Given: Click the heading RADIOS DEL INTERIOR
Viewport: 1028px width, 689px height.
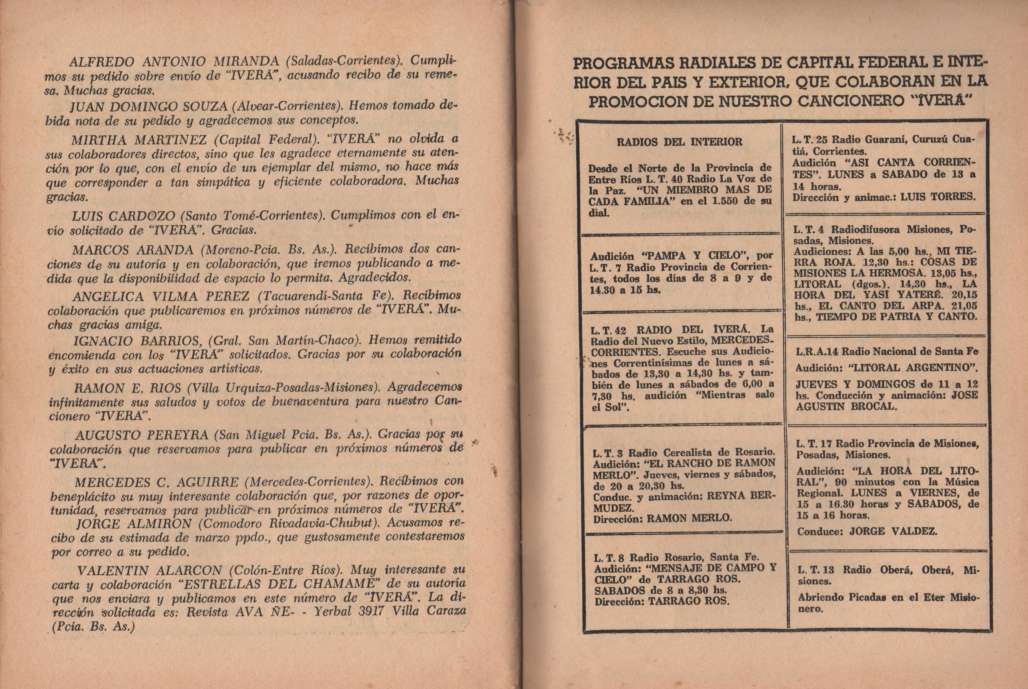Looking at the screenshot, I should (679, 142).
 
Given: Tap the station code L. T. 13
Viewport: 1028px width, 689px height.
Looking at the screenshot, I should (816, 570).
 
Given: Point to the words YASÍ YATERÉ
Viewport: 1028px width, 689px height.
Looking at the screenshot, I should (911, 295).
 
